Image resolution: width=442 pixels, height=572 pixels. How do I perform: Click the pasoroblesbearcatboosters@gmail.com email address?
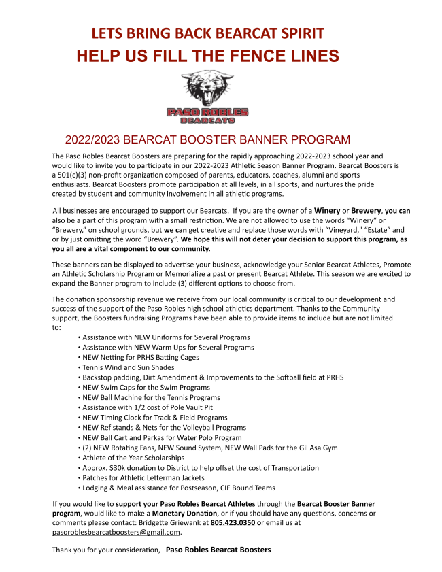click(x=112, y=532)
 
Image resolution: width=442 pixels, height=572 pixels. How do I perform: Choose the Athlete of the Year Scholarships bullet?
click(x=132, y=458)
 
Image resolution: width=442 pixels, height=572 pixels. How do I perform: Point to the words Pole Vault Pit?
click(x=206, y=407)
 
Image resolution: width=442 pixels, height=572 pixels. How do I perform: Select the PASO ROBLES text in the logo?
click(x=207, y=112)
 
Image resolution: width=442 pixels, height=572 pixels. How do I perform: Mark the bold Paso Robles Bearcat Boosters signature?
click(x=218, y=549)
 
